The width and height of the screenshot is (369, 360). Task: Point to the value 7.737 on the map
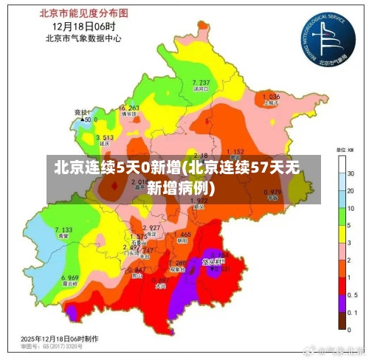[201, 82]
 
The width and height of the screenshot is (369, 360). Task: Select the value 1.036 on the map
[271, 97]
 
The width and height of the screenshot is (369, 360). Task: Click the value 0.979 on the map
[272, 191]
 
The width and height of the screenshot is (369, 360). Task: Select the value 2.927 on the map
[151, 227]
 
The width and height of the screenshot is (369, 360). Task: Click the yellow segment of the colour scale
[342, 235]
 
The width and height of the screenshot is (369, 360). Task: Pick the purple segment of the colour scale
[342, 302]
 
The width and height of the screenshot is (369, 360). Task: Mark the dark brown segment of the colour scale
[342, 319]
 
